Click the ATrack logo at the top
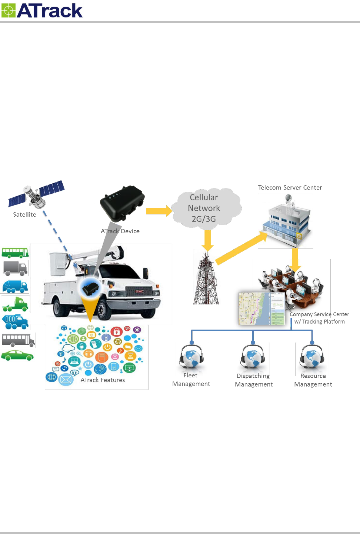tap(42, 11)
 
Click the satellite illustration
tap(36, 194)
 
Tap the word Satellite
tap(24, 214)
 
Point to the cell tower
tap(206, 280)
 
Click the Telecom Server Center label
tap(290, 187)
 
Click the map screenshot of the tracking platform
tap(261, 308)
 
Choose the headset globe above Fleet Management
tap(191, 358)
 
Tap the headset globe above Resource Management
tap(312, 358)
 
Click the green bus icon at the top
tap(15, 253)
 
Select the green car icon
tap(17, 356)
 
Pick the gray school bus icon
tap(18, 340)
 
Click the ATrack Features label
tap(103, 380)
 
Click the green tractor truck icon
tap(16, 304)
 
